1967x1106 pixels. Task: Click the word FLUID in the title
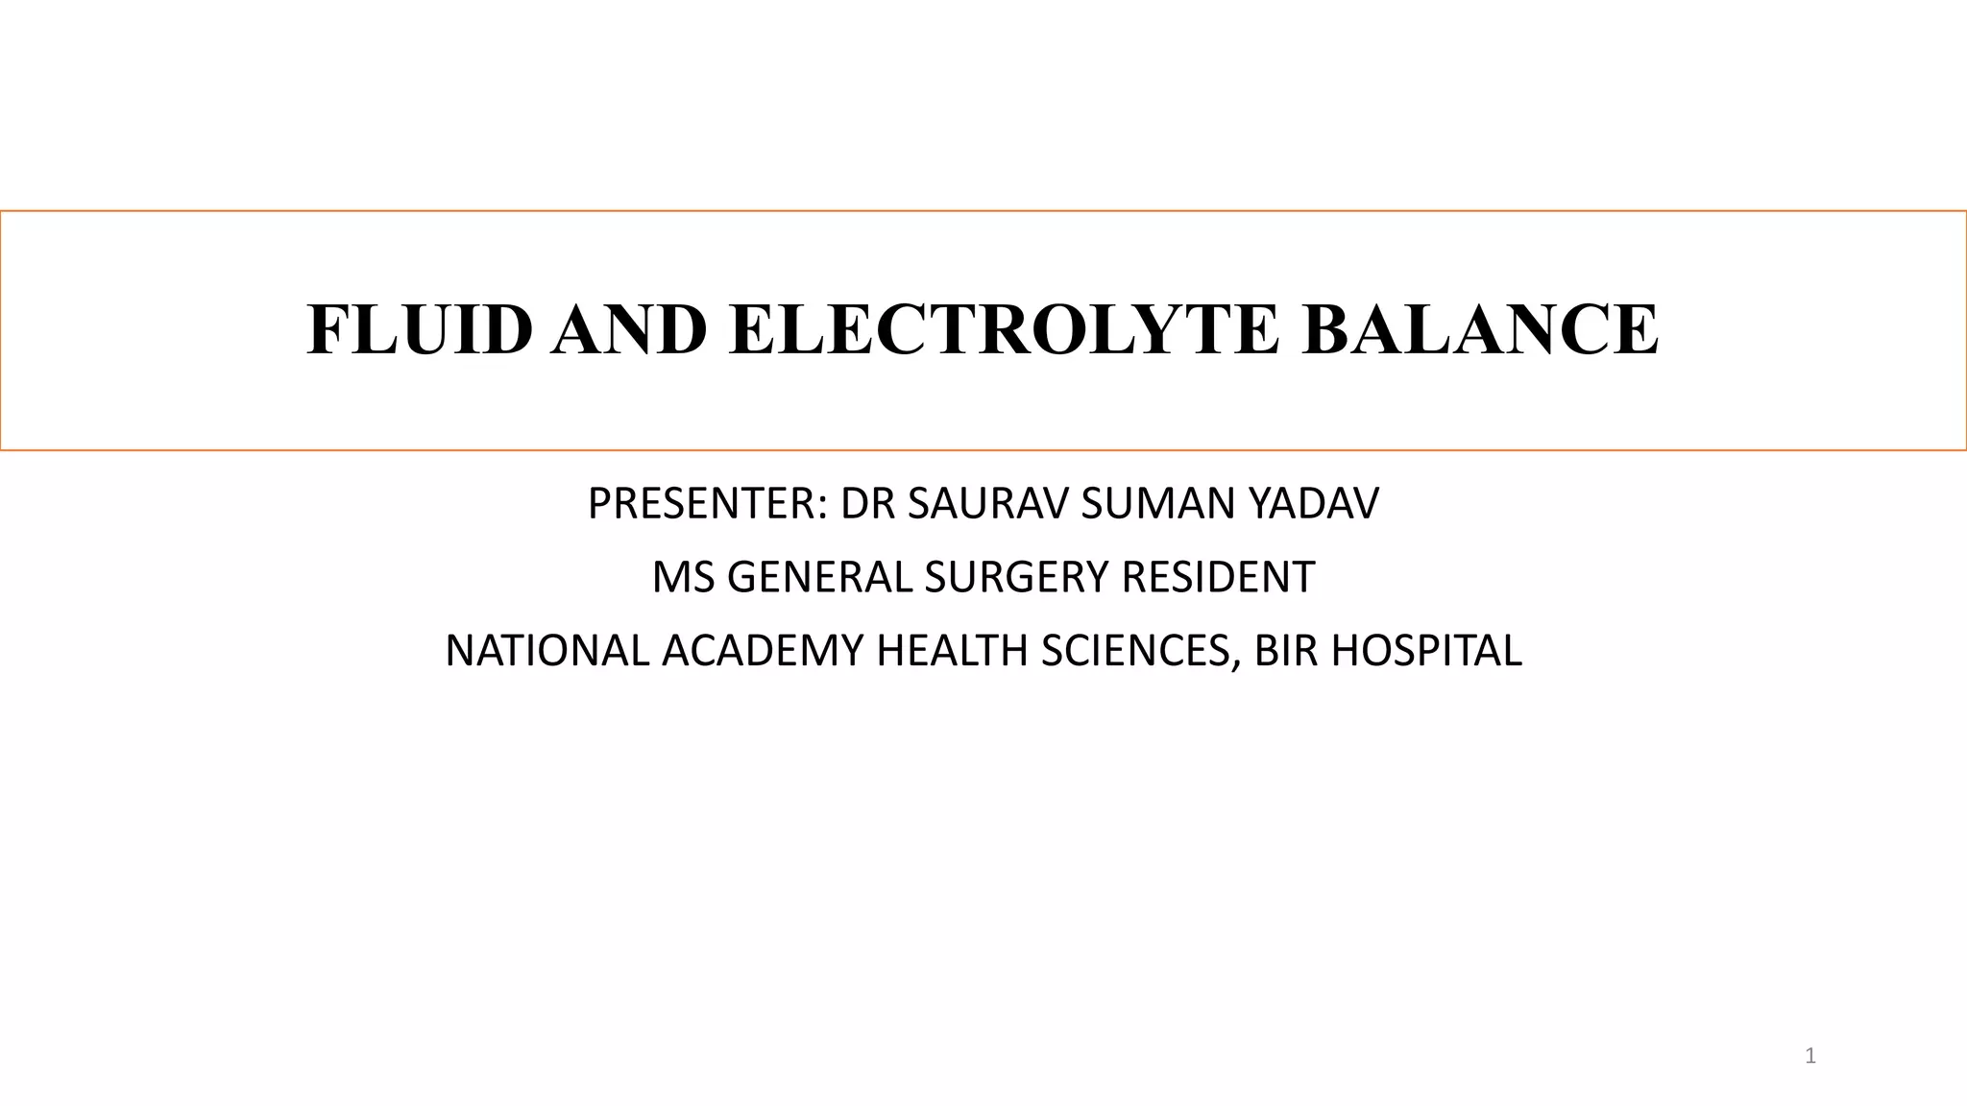coord(419,329)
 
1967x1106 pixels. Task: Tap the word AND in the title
coord(629,329)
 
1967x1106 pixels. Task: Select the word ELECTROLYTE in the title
coord(1004,329)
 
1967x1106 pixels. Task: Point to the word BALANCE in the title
coord(1480,329)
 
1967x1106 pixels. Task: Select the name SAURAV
coord(988,504)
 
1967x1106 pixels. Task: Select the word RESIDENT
coord(1219,578)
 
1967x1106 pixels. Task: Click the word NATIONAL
coord(547,651)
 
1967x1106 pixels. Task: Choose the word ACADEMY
coord(764,651)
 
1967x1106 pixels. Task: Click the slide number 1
coord(1810,1057)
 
